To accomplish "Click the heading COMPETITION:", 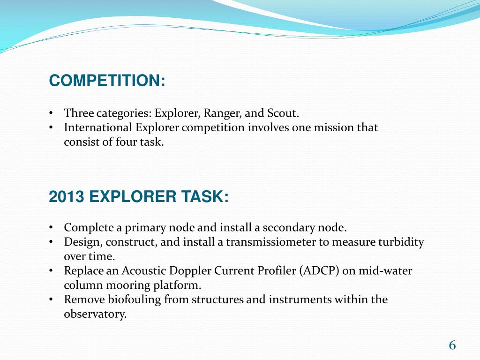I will click(x=107, y=81).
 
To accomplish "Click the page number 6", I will click(x=452, y=345).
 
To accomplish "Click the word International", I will click(x=98, y=127).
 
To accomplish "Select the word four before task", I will click(x=126, y=142).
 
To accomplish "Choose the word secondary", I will click(x=285, y=228).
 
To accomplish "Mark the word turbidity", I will click(x=401, y=242).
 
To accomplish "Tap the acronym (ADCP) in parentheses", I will click(x=318, y=271).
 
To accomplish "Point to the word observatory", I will click(x=95, y=314).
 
